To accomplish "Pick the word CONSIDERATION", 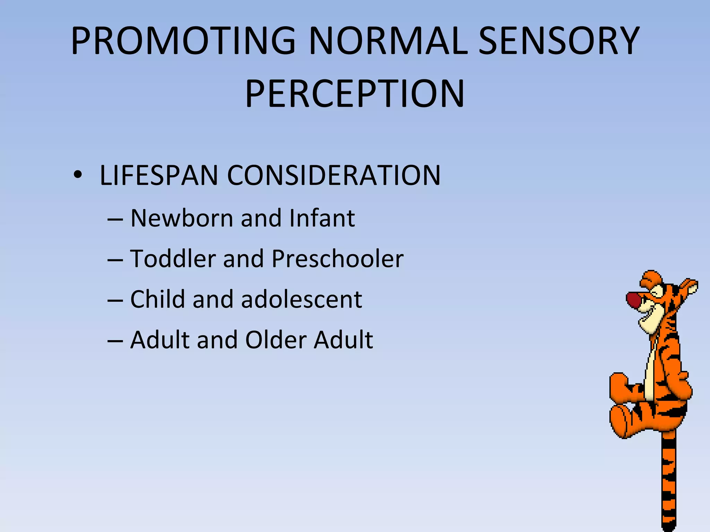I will click(334, 175).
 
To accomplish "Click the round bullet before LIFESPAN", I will click(78, 175).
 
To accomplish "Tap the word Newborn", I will click(182, 218).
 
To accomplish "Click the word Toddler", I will click(173, 259).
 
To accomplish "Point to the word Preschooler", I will click(338, 259).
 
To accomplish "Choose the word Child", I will click(157, 299).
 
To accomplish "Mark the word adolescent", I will click(301, 299).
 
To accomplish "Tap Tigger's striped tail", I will click(668, 485).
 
